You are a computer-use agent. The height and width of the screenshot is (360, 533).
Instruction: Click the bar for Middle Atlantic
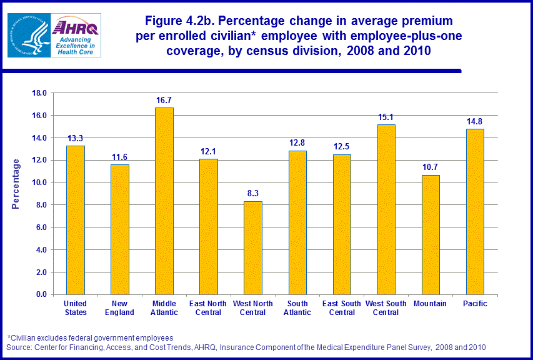point(164,201)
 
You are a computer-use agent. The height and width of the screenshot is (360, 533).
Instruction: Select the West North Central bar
point(253,247)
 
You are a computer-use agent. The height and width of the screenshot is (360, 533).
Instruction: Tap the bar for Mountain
point(431,234)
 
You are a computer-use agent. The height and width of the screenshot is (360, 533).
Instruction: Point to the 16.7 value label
point(164,100)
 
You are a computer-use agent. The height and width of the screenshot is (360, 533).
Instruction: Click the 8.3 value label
point(253,194)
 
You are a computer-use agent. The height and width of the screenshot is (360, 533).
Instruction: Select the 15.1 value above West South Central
point(386,117)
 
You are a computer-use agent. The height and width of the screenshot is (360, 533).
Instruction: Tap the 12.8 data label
point(297,143)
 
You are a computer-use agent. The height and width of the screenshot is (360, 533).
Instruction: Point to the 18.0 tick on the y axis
point(39,93)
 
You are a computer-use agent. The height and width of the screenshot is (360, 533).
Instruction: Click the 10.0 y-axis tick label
point(39,182)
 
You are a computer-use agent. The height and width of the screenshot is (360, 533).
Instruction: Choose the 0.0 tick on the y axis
point(41,294)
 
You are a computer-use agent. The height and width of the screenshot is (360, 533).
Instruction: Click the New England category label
point(120,308)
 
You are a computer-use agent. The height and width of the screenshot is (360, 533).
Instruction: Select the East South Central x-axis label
point(342,308)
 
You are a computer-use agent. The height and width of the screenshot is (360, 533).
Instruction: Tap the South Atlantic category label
point(297,308)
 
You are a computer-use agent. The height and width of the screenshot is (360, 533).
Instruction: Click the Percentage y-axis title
point(17,183)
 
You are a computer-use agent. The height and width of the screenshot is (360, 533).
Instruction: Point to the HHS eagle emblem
point(28,35)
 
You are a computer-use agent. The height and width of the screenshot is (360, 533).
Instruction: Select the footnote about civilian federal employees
point(90,338)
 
